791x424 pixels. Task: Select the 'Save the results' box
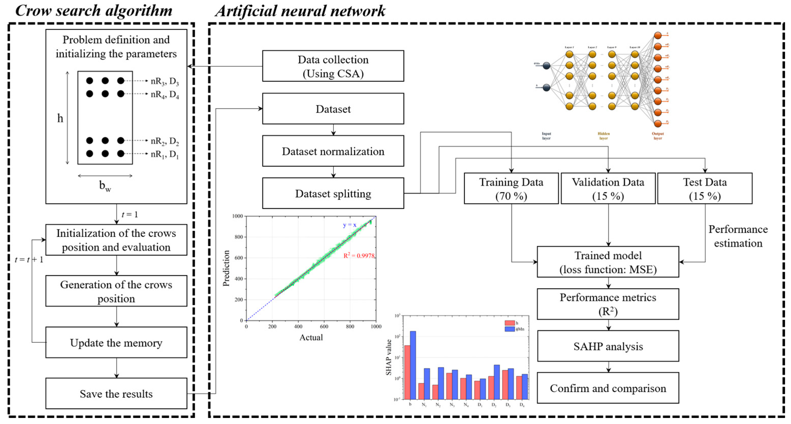coord(116,393)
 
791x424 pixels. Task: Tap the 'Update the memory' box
coord(116,342)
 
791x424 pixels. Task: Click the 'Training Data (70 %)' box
coord(511,188)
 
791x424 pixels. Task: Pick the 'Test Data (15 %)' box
coord(705,188)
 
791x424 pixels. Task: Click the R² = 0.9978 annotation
coord(359,255)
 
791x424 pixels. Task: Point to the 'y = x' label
coord(350,225)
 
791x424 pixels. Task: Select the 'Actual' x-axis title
coord(311,337)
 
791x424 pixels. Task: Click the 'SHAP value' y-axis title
coord(389,357)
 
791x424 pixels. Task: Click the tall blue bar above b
coord(413,365)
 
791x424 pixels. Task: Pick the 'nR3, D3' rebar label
coord(165,81)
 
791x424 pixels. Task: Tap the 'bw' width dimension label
coord(105,186)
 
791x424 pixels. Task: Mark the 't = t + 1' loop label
coord(29,260)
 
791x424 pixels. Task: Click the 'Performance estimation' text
coord(738,236)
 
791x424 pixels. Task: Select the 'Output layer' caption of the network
coord(657,136)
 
